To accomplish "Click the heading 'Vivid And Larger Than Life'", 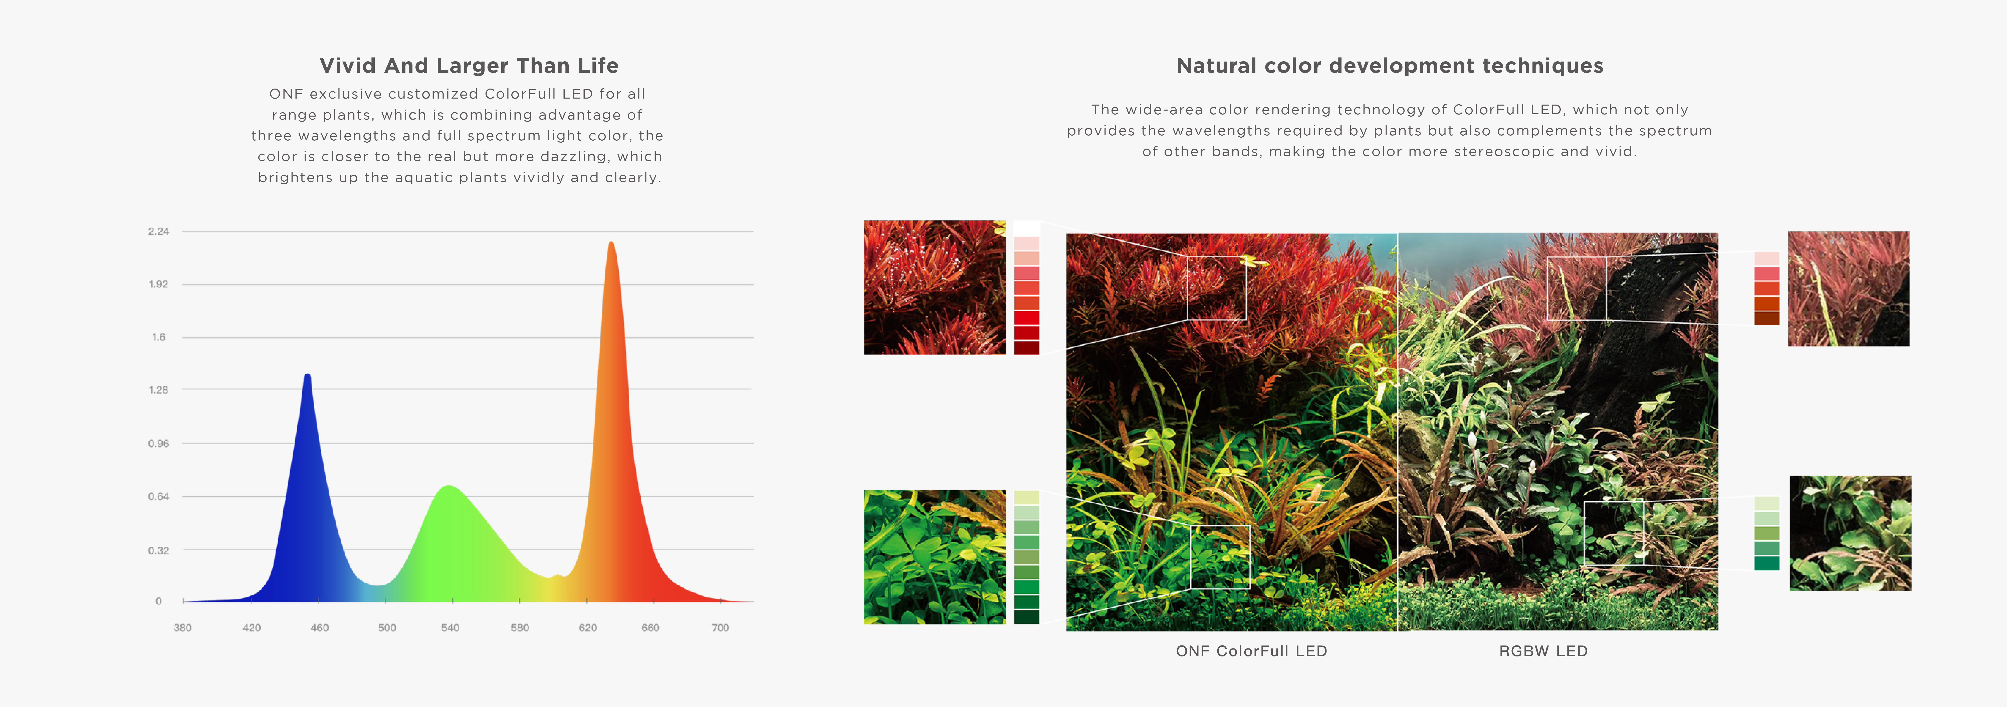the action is tap(469, 65).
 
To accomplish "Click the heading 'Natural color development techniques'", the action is tap(1390, 65).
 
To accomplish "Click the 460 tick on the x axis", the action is tap(319, 628).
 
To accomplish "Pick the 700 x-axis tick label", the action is tap(720, 628).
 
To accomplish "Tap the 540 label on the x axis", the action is tap(450, 628).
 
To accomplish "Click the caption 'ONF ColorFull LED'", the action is tap(1251, 651).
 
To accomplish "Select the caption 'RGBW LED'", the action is tap(1543, 651).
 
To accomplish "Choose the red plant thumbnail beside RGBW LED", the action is tap(1849, 289).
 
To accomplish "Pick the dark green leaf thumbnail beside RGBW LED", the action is tap(1850, 533).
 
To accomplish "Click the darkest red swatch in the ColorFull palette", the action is tap(1027, 347).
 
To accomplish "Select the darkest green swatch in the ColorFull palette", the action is tap(1027, 617).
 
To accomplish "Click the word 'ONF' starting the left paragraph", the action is tap(286, 94).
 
